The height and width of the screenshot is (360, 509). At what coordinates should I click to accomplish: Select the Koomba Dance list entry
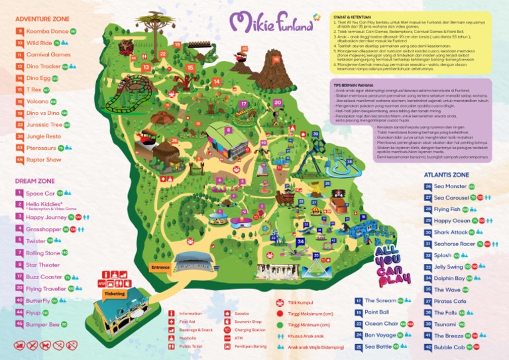[x=46, y=31]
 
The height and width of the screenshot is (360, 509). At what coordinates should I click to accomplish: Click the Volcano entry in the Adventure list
[x=37, y=101]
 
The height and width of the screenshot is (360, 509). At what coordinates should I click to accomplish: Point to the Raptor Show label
[x=44, y=160]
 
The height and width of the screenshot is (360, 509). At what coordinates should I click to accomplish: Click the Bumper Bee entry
[x=42, y=324]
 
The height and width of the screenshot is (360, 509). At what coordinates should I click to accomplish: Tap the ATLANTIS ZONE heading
[x=447, y=175]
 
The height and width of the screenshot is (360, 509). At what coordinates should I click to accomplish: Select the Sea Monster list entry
[x=451, y=187]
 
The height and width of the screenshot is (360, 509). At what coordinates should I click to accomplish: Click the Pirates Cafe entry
[x=451, y=301]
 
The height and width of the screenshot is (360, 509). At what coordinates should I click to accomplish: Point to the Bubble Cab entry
[x=449, y=347]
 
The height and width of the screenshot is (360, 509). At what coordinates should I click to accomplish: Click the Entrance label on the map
[x=160, y=268]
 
